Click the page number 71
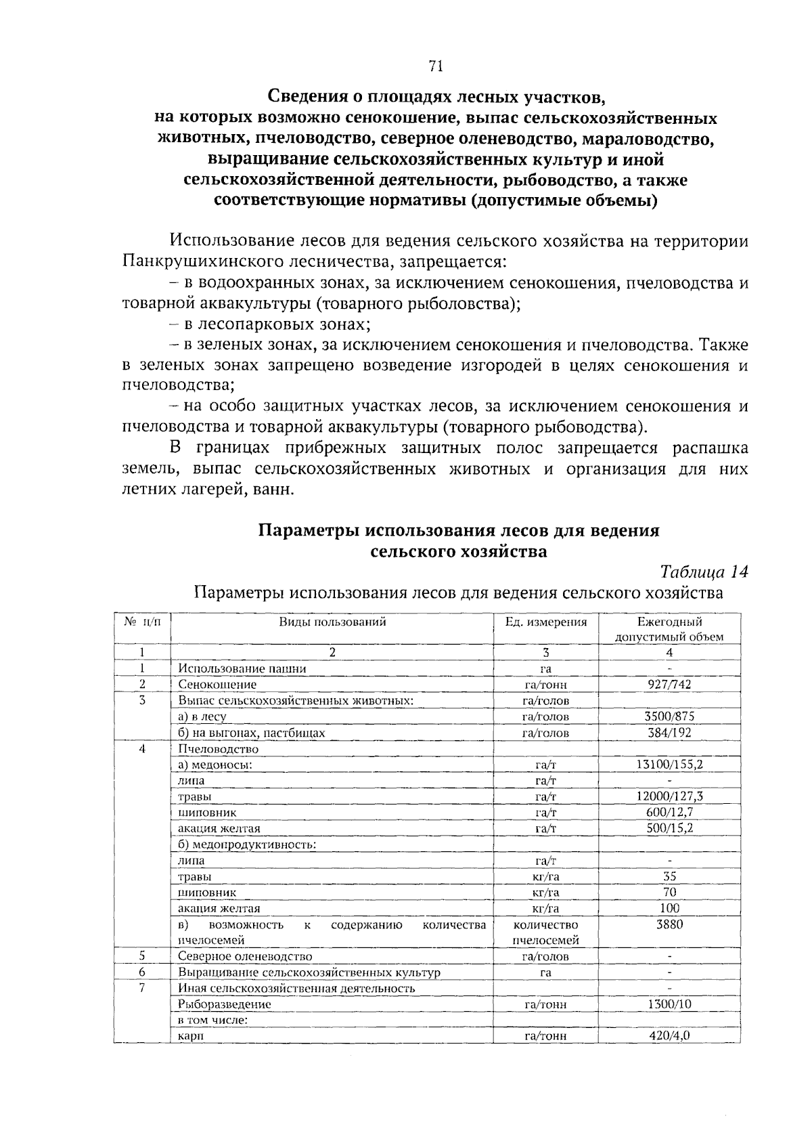point(435,66)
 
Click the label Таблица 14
point(704,572)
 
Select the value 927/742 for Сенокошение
point(669,684)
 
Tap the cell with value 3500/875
point(669,716)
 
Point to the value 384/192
point(669,732)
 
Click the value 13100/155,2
point(669,764)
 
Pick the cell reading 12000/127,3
point(669,796)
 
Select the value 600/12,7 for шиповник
point(669,812)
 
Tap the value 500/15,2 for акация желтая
point(669,828)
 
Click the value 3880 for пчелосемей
point(669,924)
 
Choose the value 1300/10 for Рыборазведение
point(669,1004)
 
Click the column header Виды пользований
point(332,622)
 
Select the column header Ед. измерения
point(546,622)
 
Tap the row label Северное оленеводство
point(245,956)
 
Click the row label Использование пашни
point(242,668)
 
